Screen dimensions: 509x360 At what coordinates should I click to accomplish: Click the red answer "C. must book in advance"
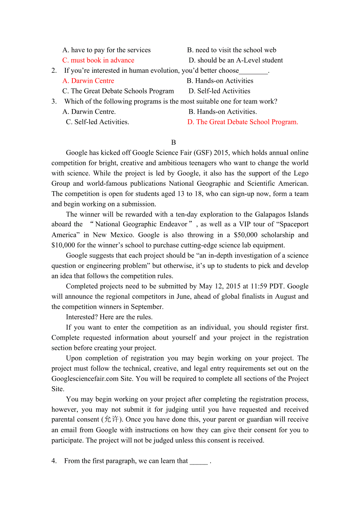(98, 60)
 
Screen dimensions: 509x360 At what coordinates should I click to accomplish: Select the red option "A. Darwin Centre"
(88, 81)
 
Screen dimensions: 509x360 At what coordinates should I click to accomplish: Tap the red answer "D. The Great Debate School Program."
(243, 122)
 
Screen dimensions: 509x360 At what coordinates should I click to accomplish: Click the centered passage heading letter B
(174, 142)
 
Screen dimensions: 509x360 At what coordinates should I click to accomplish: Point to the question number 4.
(54, 461)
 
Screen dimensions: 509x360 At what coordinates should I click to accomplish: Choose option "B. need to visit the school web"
(232, 50)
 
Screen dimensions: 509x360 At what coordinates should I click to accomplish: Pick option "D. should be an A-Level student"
(236, 60)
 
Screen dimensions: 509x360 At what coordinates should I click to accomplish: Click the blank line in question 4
(199, 461)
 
